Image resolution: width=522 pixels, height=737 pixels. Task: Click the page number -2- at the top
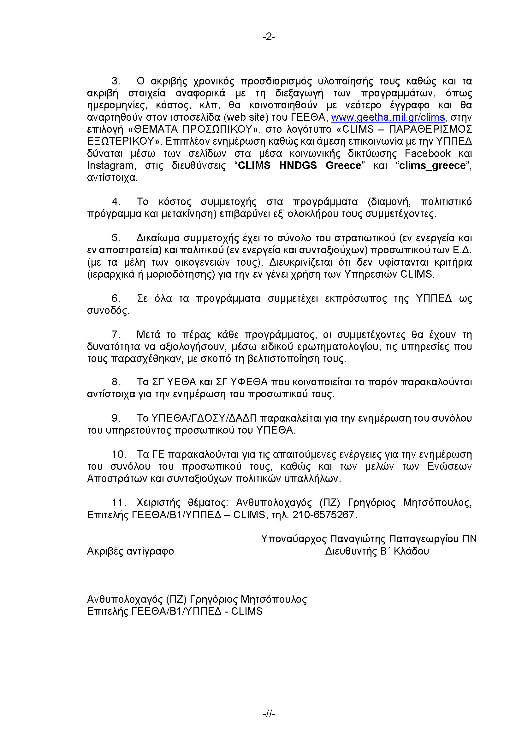(269, 37)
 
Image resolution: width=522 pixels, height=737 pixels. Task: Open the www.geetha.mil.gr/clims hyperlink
(388, 117)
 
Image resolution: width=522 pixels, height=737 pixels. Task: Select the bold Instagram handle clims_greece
(432, 165)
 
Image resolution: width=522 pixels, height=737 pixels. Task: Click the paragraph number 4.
(116, 202)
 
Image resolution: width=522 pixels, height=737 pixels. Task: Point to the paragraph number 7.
(116, 335)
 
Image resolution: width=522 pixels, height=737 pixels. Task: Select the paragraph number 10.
(118, 455)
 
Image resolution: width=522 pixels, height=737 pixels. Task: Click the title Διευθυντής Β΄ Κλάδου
(377, 551)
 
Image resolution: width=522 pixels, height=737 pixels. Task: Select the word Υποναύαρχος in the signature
(292, 539)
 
